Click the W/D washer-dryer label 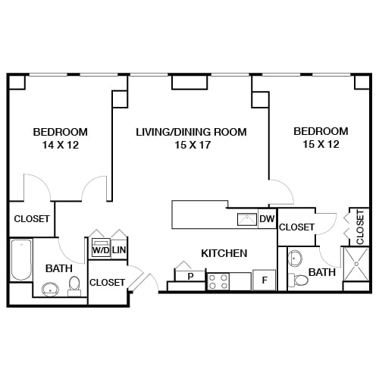(x=100, y=249)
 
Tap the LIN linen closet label (x=119, y=249)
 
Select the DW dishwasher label (x=266, y=220)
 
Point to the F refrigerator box (x=264, y=280)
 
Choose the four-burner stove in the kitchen (x=218, y=282)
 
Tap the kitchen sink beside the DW (x=246, y=220)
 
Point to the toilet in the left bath (x=74, y=284)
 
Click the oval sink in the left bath (x=51, y=289)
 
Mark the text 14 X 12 (x=60, y=145)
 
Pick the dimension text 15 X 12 (x=321, y=145)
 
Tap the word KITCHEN (x=224, y=253)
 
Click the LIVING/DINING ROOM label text (x=191, y=132)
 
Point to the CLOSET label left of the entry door (x=107, y=282)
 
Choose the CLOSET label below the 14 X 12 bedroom (x=31, y=219)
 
